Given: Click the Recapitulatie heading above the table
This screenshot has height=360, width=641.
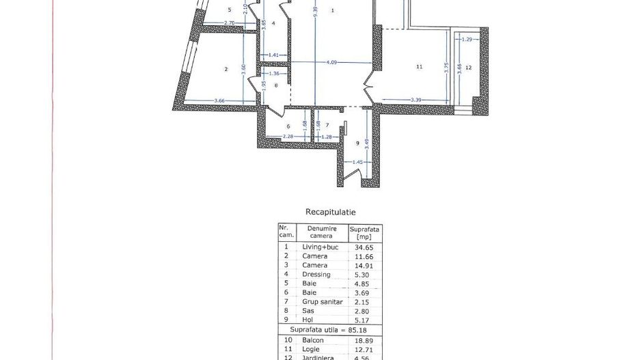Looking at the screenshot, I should pyautogui.click(x=330, y=212).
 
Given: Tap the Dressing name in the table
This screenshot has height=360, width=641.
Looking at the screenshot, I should pyautogui.click(x=316, y=275).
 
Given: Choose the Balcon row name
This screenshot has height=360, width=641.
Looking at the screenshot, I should pyautogui.click(x=314, y=340).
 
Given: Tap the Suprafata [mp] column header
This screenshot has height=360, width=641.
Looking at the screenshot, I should pyautogui.click(x=364, y=232).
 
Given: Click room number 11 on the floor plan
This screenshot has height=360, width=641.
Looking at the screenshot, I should pyautogui.click(x=419, y=67).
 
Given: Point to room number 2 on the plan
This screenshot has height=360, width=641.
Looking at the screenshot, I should pyautogui.click(x=225, y=69).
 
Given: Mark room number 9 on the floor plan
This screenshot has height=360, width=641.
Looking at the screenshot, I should pyautogui.click(x=357, y=143).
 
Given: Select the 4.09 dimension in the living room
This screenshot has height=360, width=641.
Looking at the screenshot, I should pyautogui.click(x=331, y=63).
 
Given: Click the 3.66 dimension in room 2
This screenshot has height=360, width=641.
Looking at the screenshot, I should pyautogui.click(x=219, y=101).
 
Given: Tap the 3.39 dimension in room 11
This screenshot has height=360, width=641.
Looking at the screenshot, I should pyautogui.click(x=415, y=100).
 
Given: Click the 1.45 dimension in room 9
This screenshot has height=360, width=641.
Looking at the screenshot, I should pyautogui.click(x=356, y=162).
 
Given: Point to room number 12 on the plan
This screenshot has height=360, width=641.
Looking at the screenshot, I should pyautogui.click(x=468, y=68).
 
